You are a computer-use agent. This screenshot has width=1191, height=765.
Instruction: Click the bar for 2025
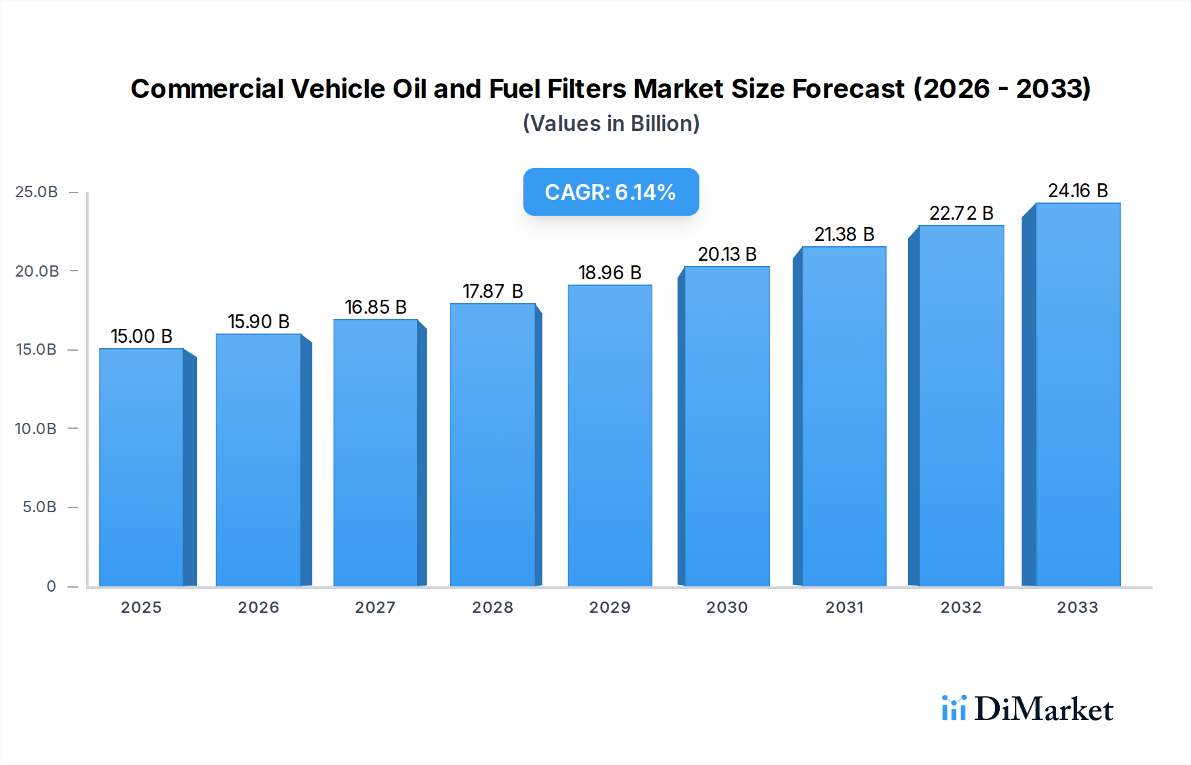point(142,467)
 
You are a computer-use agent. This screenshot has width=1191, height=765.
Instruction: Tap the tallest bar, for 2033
point(1077,394)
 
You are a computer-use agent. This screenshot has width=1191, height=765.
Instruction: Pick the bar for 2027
point(375,453)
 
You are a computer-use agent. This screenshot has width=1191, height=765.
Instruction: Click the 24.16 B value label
point(1077,191)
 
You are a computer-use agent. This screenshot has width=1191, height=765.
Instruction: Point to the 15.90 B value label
point(259,322)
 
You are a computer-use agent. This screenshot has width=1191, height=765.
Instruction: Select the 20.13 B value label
point(727,254)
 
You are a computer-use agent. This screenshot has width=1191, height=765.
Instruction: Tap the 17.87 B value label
point(492,291)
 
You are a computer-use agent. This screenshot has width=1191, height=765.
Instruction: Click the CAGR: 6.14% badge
point(611,192)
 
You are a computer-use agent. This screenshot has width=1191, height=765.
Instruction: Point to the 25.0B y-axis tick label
point(36,192)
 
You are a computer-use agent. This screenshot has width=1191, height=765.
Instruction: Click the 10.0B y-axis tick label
point(36,429)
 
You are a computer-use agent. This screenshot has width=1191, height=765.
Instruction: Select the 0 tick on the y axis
point(51,586)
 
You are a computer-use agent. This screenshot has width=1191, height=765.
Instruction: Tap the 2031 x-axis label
point(844,607)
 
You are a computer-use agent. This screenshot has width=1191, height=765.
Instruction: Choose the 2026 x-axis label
point(259,607)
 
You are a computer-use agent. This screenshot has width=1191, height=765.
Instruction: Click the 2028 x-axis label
point(492,607)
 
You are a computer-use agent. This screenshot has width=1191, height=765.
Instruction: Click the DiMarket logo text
point(1043,709)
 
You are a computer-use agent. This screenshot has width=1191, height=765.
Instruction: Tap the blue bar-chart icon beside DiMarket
point(953,708)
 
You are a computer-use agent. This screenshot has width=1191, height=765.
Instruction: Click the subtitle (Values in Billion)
point(611,124)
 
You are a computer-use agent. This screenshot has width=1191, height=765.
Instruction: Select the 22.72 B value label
point(961,213)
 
